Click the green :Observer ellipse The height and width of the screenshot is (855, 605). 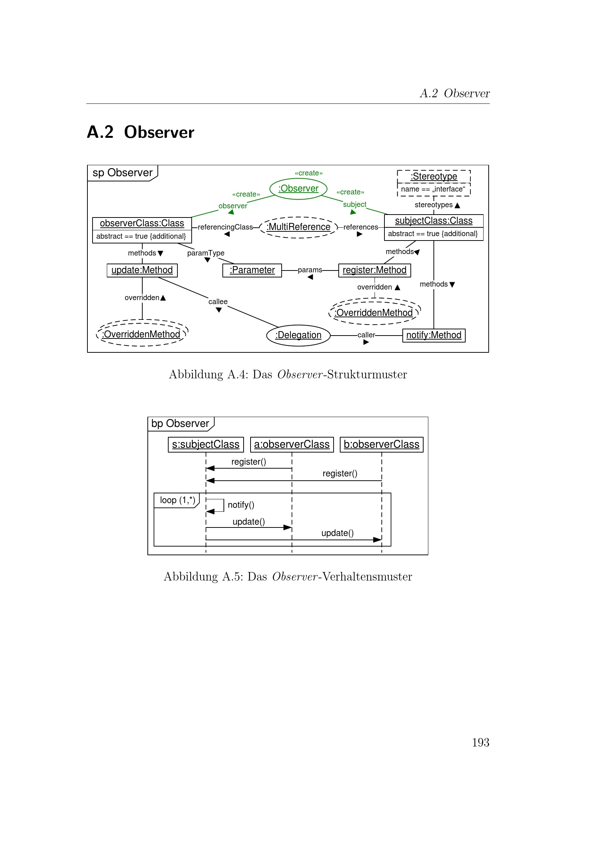[x=298, y=189]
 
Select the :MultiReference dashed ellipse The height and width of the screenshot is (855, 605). [x=298, y=227]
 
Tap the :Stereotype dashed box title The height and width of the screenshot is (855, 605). [x=434, y=177]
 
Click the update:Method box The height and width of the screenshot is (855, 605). [x=142, y=271]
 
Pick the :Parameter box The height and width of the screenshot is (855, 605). [x=252, y=271]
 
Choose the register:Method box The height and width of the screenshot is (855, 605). [x=374, y=271]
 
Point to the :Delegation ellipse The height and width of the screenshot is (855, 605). [x=298, y=336]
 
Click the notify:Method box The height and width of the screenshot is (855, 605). [x=434, y=336]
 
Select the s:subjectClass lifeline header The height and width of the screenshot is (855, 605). [x=206, y=444]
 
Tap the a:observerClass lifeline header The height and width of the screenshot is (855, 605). [x=292, y=444]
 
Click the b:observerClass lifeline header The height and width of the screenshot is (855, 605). [x=382, y=444]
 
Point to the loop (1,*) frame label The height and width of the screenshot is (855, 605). [x=177, y=500]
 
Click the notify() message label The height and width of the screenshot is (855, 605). [x=241, y=505]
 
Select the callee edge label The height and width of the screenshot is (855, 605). [x=218, y=302]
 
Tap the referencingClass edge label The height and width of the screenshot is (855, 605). [x=225, y=227]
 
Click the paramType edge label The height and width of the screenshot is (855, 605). [x=206, y=253]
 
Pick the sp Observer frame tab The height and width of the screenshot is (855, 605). [x=123, y=173]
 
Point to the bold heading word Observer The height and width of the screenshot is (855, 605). [x=159, y=133]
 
